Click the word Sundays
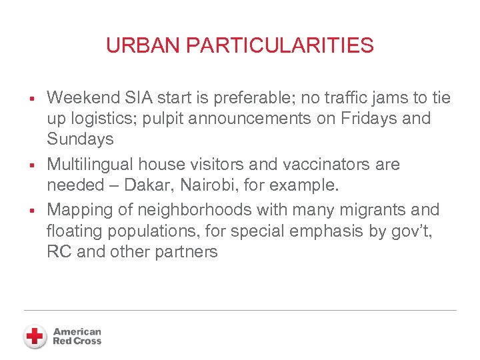tap(80, 139)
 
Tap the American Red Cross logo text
tap(77, 336)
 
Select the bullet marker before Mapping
tap(32, 211)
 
